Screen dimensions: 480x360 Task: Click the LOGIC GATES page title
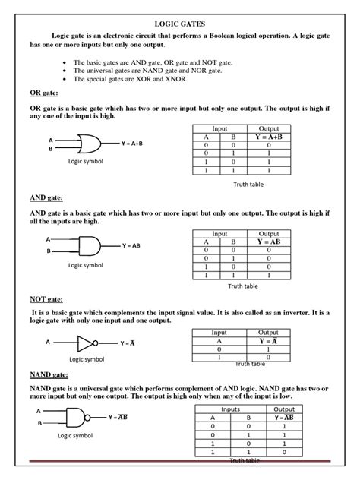(x=180, y=24)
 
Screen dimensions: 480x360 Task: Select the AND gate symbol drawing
(x=87, y=245)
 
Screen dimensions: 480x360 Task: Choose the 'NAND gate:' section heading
(x=52, y=375)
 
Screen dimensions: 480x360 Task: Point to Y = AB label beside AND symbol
(x=131, y=246)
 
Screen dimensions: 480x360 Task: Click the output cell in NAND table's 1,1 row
(x=284, y=452)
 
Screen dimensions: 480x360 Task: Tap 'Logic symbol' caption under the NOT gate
(x=87, y=359)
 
